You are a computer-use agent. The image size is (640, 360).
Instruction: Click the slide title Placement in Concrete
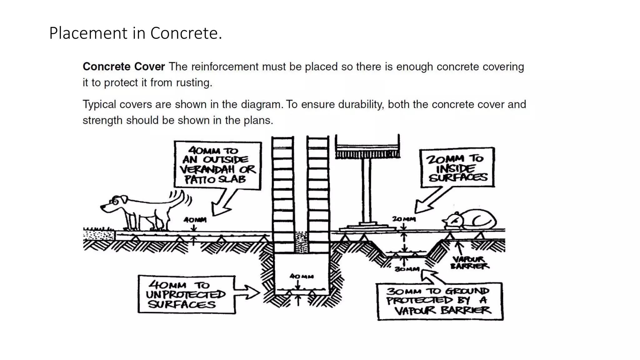[x=135, y=33]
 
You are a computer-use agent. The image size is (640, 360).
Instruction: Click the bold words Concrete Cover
[x=124, y=67]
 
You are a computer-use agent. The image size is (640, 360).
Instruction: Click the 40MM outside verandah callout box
[x=218, y=166]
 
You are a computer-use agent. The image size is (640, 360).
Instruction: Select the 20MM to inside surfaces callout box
[x=457, y=168]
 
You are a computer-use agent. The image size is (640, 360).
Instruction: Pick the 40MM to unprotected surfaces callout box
[x=186, y=294]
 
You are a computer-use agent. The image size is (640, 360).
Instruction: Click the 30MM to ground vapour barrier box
[x=440, y=301]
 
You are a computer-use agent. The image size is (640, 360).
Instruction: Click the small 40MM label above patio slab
[x=195, y=220]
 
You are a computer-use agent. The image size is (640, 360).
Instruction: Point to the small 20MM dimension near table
[x=404, y=219]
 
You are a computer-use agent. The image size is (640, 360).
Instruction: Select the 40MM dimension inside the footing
[x=302, y=277]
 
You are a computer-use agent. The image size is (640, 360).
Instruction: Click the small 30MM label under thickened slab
[x=407, y=269]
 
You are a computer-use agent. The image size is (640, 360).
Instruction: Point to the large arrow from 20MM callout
[x=431, y=200]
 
